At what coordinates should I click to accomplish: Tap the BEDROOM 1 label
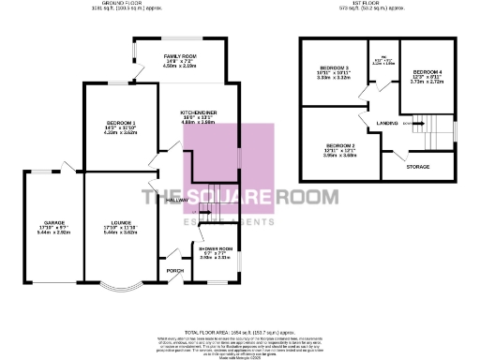(121, 125)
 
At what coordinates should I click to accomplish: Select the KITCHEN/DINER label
(199, 112)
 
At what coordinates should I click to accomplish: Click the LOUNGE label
(118, 222)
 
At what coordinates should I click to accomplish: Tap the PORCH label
(173, 271)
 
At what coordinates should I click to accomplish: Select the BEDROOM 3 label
(334, 68)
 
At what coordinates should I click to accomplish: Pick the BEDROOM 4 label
(427, 72)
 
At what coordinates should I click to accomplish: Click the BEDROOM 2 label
(339, 145)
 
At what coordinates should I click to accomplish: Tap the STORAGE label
(417, 167)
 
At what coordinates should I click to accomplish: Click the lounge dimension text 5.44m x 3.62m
(118, 232)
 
